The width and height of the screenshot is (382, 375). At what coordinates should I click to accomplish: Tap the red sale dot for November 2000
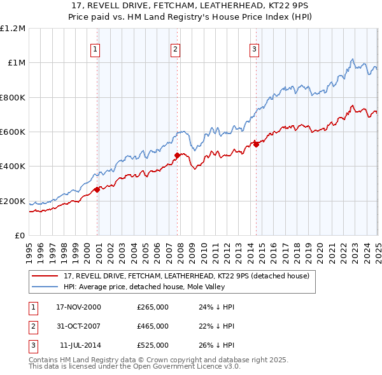[x=97, y=189]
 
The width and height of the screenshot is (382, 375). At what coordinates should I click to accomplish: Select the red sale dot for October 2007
[x=177, y=154]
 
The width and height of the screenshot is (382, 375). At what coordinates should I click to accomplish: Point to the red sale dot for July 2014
[x=255, y=144]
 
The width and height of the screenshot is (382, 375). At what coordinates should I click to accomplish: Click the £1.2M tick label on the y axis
[x=13, y=28]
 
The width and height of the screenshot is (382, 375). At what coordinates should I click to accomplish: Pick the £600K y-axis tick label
[x=13, y=132]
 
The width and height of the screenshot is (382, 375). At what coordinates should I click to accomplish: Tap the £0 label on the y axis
[x=20, y=235]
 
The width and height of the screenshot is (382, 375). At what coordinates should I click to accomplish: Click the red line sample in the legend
[x=45, y=276]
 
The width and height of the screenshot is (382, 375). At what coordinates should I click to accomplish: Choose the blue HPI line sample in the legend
[x=45, y=286]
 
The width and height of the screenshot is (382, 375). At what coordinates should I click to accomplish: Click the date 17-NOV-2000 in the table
[x=78, y=307]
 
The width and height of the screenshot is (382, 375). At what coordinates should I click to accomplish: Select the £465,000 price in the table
[x=153, y=326]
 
